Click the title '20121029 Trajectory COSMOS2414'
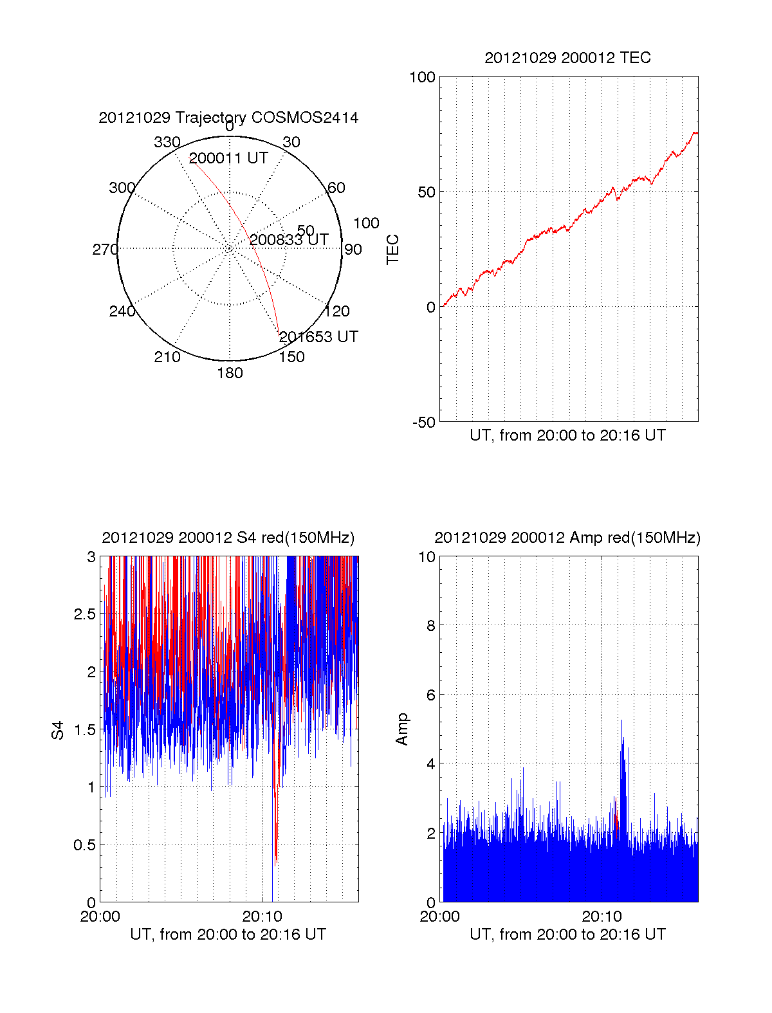[x=228, y=118]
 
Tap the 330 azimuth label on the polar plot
[x=167, y=142]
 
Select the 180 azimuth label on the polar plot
[x=230, y=373]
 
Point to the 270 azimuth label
[x=105, y=250]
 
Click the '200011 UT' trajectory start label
[x=228, y=158]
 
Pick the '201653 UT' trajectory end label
[x=318, y=337]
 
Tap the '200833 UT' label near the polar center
[x=289, y=240]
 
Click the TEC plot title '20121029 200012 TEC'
[x=567, y=58]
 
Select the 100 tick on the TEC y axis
[x=422, y=77]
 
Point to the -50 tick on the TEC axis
[x=423, y=423]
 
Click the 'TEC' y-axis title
[x=392, y=250]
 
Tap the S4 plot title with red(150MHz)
[x=228, y=538]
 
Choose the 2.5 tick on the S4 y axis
[x=84, y=614]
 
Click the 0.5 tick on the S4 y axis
[x=84, y=845]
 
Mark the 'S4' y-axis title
[x=58, y=731]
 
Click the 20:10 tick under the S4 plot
[x=262, y=917]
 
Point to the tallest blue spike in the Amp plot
[x=622, y=722]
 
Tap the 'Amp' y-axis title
[x=402, y=729]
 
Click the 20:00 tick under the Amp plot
[x=439, y=917]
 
